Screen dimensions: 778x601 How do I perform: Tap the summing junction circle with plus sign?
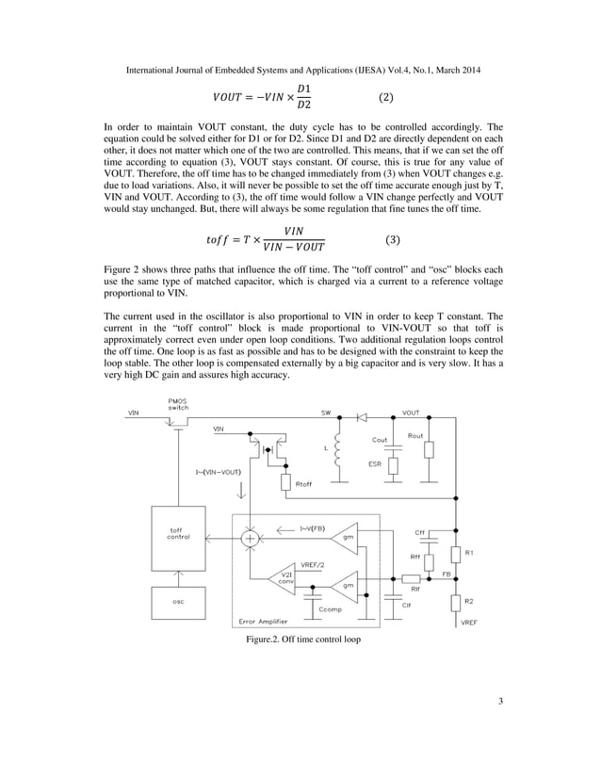click(250, 538)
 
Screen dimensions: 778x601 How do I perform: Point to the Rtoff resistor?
click(286, 483)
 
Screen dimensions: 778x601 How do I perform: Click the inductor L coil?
click(337, 448)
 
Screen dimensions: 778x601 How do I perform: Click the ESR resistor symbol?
click(395, 464)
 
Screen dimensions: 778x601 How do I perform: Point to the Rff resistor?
click(430, 557)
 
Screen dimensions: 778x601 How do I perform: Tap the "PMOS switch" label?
click(178, 405)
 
